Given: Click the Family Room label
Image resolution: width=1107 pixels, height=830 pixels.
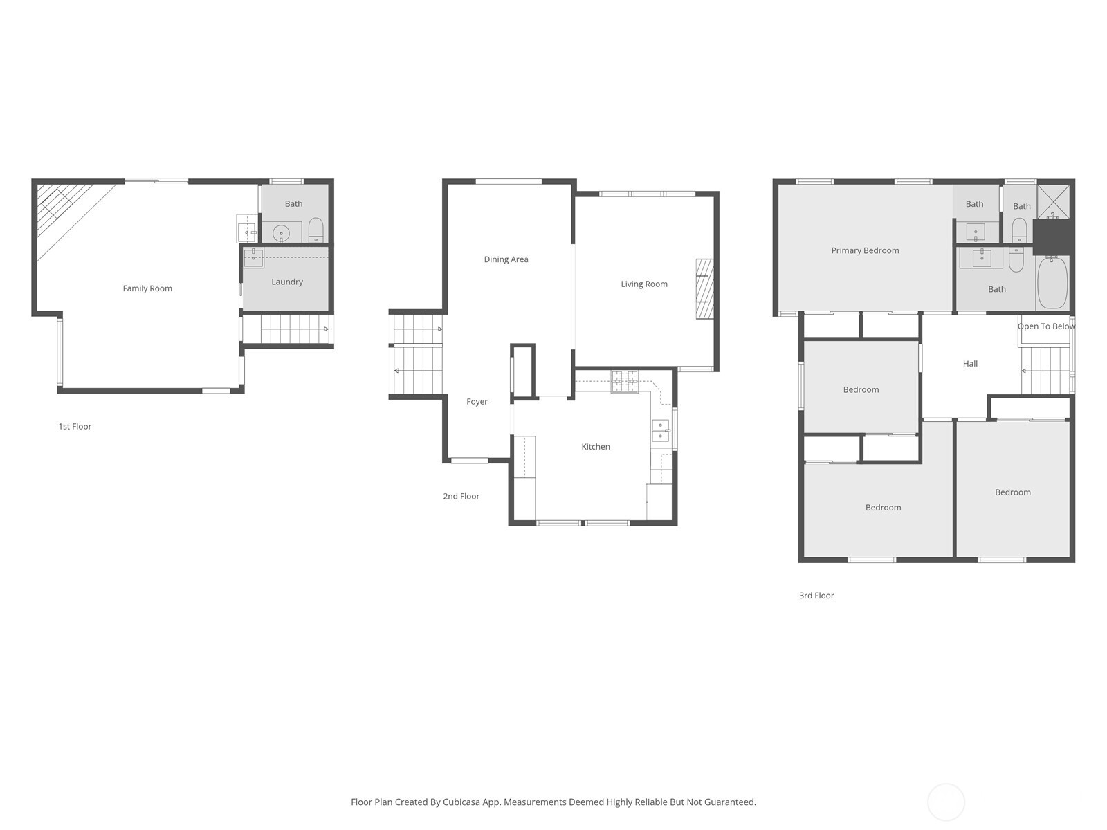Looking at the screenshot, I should tap(147, 288).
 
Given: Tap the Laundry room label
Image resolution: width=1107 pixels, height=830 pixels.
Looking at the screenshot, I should tap(287, 282).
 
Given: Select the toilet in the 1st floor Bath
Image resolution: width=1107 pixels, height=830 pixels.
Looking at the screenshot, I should tap(315, 230).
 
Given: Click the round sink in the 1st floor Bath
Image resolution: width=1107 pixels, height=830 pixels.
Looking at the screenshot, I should tap(282, 233).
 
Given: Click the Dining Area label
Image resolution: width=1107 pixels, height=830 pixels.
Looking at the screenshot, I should tap(506, 259).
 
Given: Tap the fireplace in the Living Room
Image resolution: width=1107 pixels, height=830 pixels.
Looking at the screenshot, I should tap(704, 289).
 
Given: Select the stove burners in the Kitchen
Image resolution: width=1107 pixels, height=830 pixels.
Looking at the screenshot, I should tap(624, 381).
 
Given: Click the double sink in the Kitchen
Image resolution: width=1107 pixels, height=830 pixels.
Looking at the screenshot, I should tap(660, 430).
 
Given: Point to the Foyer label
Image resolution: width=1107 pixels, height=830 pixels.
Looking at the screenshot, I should tap(477, 401).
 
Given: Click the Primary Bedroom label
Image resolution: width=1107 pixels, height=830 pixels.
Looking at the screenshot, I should tap(865, 250).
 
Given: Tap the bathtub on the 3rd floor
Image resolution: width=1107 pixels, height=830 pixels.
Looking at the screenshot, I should tap(1052, 282).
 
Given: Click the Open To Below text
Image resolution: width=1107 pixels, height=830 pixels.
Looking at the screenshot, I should tap(1046, 326).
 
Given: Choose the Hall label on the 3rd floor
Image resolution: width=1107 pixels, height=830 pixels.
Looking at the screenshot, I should tap(970, 363).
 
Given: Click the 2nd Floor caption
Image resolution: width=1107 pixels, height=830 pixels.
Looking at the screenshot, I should tap(461, 496).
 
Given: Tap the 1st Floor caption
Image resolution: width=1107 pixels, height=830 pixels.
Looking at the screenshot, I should tap(75, 426).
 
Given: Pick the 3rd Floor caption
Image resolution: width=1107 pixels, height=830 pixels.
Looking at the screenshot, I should tap(816, 595).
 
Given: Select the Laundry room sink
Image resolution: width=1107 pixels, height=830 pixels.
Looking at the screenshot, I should tap(253, 257).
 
